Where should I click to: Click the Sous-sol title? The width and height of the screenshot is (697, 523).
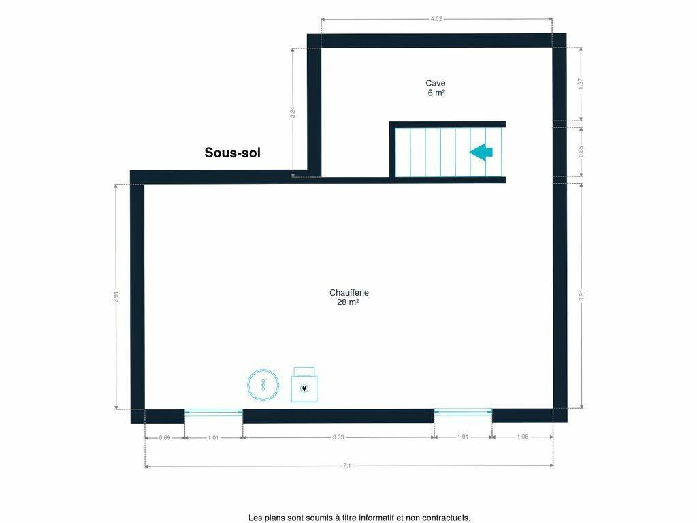(x=232, y=153)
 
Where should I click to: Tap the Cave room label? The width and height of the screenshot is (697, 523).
(x=435, y=83)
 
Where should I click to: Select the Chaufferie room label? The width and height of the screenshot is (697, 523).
(x=349, y=293)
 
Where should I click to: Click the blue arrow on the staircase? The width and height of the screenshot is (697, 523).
(x=481, y=152)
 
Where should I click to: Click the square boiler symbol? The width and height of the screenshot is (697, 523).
(x=304, y=385)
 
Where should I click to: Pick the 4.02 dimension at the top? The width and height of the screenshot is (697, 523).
(x=436, y=19)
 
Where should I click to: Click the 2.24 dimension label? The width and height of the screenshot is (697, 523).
(x=293, y=112)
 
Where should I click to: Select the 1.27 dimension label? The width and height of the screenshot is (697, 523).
(x=581, y=84)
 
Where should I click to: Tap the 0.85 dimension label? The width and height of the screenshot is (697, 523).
(x=581, y=152)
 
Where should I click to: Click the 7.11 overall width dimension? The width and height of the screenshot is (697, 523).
(x=348, y=466)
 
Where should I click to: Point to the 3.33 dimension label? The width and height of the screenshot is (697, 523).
(x=338, y=437)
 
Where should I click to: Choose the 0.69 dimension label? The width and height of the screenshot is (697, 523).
(x=165, y=438)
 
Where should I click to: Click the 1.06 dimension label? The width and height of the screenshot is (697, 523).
(x=523, y=437)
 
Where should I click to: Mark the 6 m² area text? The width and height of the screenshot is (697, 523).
(x=436, y=93)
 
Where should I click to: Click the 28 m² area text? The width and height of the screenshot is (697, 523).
(x=348, y=302)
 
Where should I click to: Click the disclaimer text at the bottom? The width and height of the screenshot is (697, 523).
(x=359, y=518)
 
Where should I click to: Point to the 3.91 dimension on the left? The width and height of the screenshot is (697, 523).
(x=116, y=297)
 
